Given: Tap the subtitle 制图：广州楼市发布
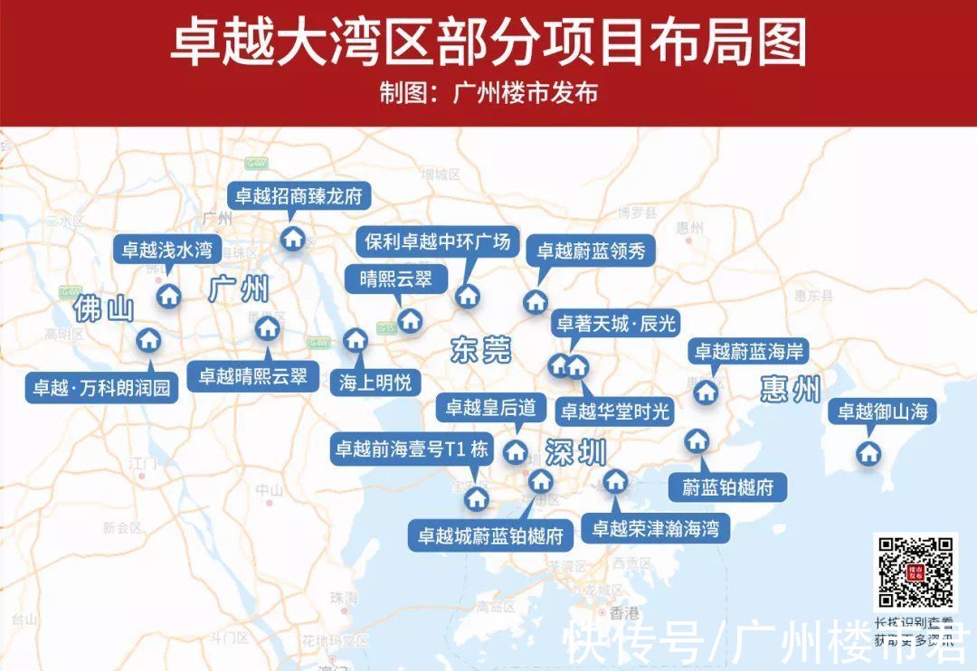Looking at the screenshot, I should tap(488, 93).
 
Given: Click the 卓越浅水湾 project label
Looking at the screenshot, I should tap(167, 250).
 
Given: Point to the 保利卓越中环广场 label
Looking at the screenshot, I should tap(438, 242).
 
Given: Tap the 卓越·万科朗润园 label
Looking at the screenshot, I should tap(101, 389).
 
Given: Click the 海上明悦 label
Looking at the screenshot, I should tap(375, 383).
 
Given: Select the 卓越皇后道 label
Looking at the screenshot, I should tap(490, 408).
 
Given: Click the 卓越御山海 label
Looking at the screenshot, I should tap(882, 412).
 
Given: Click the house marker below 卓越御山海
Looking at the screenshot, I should tap(869, 452).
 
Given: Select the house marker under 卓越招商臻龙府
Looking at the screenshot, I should tap(292, 239).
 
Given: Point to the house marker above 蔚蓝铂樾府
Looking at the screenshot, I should tap(695, 440).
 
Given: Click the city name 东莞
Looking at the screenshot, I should tap(480, 350).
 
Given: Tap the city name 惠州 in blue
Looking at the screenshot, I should tap(790, 390).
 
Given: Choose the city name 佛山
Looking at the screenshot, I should tap(104, 309).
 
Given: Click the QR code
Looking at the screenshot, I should tap(915, 572).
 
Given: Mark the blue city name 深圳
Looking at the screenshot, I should tap(575, 452).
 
